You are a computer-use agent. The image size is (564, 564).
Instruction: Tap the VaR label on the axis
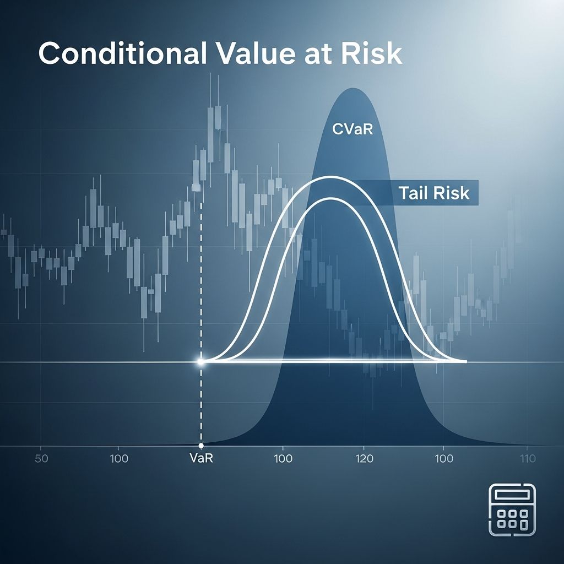(x=201, y=459)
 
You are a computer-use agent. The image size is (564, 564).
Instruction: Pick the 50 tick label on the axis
(x=41, y=459)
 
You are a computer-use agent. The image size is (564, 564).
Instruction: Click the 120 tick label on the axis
(x=364, y=459)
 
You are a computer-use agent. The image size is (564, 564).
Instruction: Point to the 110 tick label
(x=527, y=459)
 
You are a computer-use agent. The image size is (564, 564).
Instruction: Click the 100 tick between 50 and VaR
(x=119, y=459)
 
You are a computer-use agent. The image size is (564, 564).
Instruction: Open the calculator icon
(x=512, y=510)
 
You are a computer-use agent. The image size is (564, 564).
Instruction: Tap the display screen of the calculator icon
(x=512, y=495)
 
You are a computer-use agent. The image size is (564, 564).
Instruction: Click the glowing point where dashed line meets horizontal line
(x=200, y=362)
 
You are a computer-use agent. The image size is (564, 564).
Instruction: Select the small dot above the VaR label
(x=201, y=445)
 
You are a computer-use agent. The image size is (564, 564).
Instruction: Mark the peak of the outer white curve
(x=329, y=177)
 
